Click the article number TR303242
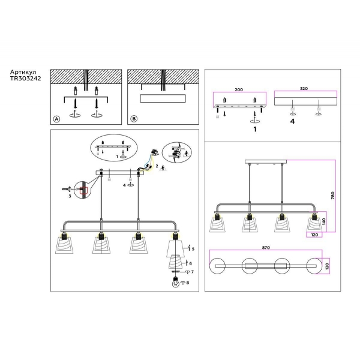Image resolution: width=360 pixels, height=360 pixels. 25,78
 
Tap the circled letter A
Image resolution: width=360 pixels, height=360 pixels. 56,119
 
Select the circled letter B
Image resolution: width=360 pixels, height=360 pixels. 134,119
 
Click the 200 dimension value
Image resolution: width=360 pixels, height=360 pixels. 239,89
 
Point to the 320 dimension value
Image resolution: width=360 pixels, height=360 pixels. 304,88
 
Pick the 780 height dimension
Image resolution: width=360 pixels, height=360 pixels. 332,195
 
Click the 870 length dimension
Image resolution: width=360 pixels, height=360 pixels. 266,247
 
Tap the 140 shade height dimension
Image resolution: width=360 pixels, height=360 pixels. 324,221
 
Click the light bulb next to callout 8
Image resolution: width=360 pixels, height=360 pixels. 176,283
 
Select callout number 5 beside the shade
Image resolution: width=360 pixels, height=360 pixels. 193,249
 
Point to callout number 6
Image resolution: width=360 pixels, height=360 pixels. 191,263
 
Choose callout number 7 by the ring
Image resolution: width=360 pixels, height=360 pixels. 193,272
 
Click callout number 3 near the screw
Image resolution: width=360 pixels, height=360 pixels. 70,196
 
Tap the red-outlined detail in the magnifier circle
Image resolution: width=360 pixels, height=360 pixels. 83,191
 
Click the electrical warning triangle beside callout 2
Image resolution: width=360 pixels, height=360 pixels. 163,168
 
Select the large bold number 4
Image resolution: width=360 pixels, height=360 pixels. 292,121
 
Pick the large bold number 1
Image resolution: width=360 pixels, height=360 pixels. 255,129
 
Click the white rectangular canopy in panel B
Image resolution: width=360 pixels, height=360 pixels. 163,98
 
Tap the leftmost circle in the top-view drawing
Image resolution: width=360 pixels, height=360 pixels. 217,266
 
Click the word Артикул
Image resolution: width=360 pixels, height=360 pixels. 23,72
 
